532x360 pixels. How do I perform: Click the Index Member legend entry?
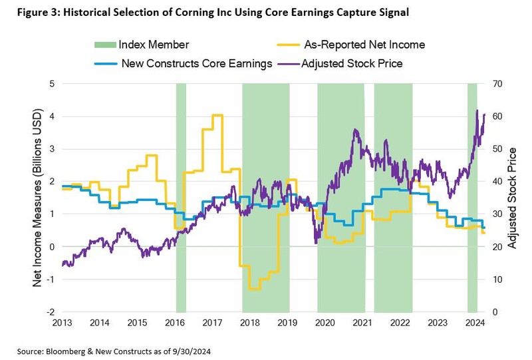[154, 45]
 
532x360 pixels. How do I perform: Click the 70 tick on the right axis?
[496, 84]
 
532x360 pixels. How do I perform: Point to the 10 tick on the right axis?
[496, 279]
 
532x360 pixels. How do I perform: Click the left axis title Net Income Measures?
[38, 198]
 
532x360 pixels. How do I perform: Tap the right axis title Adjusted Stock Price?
[512, 198]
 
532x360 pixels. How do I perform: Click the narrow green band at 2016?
[181, 200]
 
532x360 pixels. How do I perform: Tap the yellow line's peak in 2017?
[217, 116]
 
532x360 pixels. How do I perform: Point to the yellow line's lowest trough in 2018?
[253, 289]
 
